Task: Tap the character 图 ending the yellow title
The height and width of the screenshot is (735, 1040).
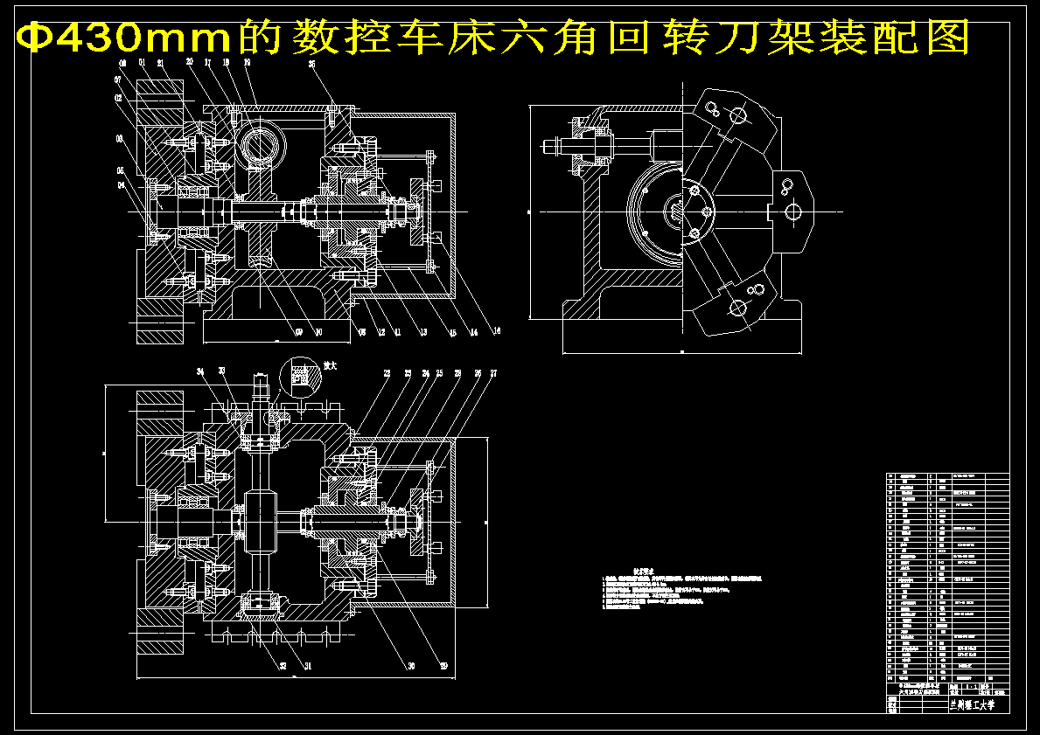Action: [x=949, y=38]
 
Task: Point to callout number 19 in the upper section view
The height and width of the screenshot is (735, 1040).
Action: [x=248, y=64]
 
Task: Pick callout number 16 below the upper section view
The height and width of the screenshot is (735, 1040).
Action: [x=497, y=331]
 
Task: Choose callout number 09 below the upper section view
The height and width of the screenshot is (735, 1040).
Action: [x=298, y=332]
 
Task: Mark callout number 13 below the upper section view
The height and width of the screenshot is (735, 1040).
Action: [x=422, y=332]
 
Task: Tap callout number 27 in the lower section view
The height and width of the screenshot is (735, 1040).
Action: [x=493, y=373]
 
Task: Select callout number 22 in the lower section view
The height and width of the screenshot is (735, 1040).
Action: [x=385, y=373]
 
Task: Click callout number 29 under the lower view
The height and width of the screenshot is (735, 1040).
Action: [x=443, y=666]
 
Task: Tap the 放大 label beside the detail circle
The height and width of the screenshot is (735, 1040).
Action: [x=331, y=364]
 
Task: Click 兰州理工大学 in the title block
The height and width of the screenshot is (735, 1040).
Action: [x=971, y=704]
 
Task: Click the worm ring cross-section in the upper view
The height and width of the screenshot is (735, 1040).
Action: [x=260, y=142]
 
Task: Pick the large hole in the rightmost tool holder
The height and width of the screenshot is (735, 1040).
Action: [x=793, y=211]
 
